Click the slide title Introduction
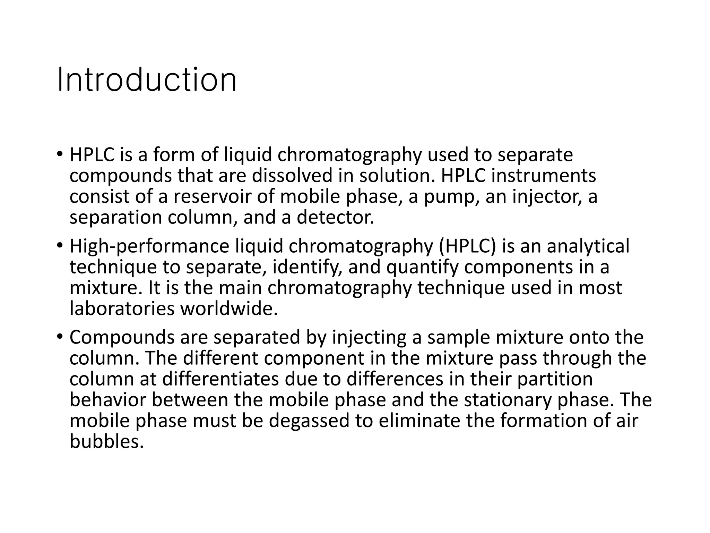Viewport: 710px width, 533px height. pyautogui.click(x=147, y=80)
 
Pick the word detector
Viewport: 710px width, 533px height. pyautogui.click(x=335, y=218)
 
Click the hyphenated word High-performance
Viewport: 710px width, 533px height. pyautogui.click(x=149, y=246)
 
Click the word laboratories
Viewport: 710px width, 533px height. pyautogui.click(x=122, y=309)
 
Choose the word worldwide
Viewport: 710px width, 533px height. pyautogui.click(x=229, y=309)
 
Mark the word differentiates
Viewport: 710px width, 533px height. pyautogui.click(x=220, y=379)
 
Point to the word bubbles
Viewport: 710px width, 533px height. pyautogui.click(x=106, y=442)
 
